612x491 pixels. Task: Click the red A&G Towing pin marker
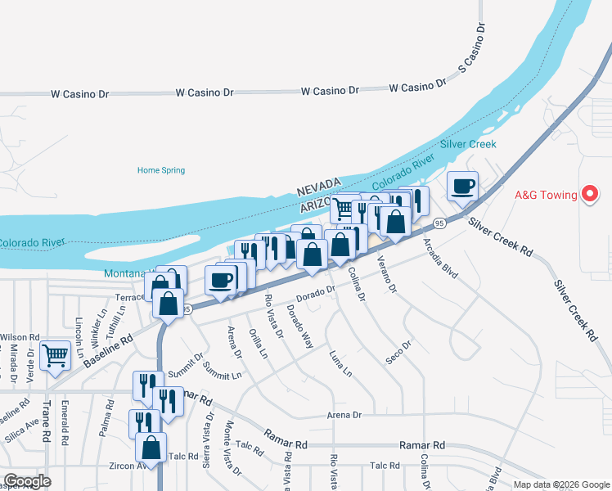point(589,195)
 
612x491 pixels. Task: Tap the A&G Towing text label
point(546,196)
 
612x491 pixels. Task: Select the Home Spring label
point(161,170)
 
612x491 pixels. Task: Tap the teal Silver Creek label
point(468,144)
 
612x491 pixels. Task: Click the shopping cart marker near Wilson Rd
point(55,355)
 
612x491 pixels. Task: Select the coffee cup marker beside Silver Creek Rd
point(462,186)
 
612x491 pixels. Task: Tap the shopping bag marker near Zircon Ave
point(151,447)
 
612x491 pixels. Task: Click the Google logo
point(26,481)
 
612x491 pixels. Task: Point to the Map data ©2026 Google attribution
point(561,484)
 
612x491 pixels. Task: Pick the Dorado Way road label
point(299,326)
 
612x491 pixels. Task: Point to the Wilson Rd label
point(20,337)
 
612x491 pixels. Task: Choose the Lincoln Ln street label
point(79,336)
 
